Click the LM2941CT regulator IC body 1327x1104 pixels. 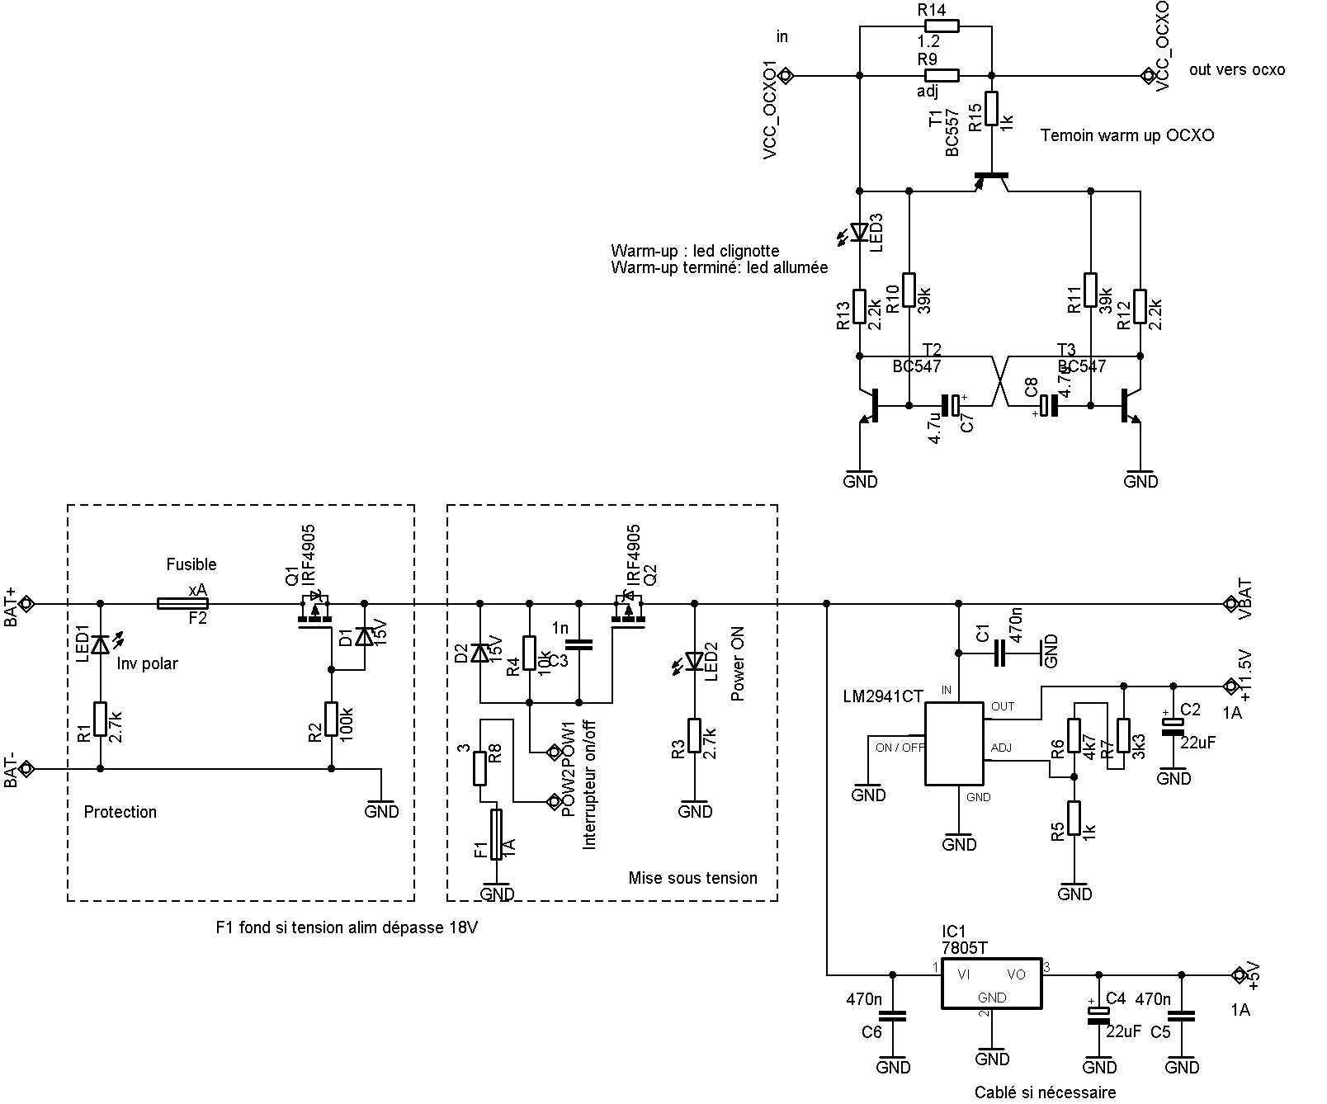953,743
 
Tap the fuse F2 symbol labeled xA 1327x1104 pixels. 188,604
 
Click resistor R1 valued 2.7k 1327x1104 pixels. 101,719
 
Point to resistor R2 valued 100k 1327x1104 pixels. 332,719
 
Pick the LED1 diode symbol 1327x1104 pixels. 101,643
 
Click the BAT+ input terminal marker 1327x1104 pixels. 26,604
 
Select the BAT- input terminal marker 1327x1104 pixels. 26,769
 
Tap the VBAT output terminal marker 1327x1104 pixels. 1230,604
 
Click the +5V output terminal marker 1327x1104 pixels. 1238,975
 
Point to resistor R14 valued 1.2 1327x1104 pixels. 937,26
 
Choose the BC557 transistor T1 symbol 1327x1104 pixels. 991,178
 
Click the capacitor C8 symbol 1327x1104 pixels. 1049,406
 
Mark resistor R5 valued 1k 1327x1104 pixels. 1074,818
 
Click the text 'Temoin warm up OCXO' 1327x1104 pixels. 1126,135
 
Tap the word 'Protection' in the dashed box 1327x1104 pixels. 120,812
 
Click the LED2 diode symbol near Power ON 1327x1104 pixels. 695,661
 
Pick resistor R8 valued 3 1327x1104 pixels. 479,768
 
